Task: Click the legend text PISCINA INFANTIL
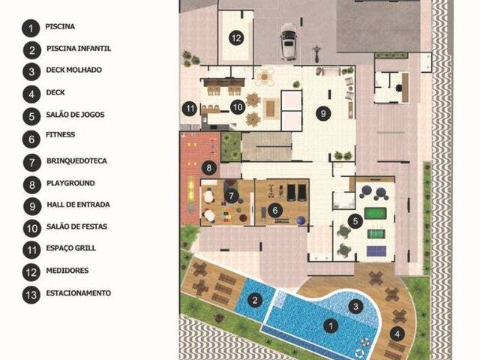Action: pos(79,49)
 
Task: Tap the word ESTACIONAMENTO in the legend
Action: pos(77,292)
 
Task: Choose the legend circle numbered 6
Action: pos(31,139)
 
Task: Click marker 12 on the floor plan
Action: pos(236,37)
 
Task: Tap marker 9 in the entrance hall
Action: pos(322,113)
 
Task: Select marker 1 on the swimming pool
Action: pos(328,325)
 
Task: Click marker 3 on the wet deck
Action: pos(357,305)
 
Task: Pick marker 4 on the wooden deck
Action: pos(397,334)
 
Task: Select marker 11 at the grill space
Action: pos(190,109)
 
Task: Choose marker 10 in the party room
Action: pos(238,107)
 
